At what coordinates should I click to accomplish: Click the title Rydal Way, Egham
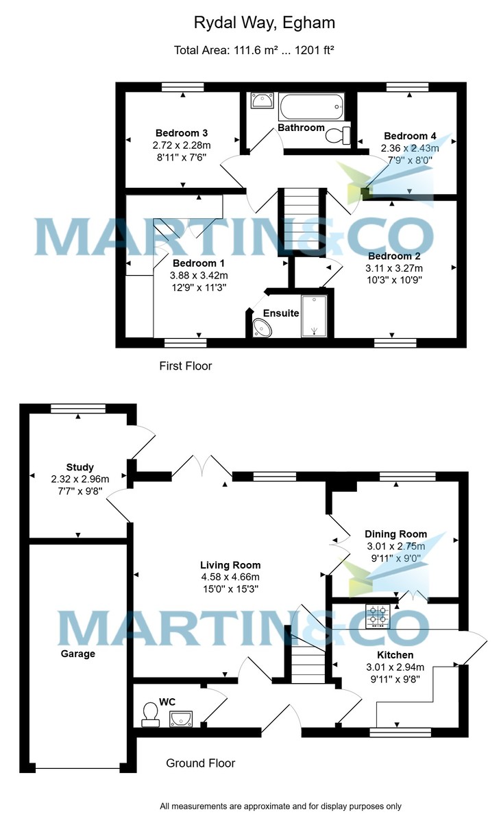[x=264, y=23]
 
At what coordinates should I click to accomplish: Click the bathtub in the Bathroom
[x=310, y=107]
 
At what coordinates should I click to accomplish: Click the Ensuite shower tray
[x=315, y=316]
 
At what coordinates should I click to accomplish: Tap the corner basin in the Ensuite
[x=261, y=329]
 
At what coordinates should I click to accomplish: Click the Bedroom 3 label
[x=181, y=133]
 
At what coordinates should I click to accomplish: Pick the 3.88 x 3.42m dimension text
[x=198, y=276]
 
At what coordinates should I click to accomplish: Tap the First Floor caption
[x=185, y=366]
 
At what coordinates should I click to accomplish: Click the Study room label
[x=80, y=468]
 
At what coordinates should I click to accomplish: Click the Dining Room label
[x=395, y=534]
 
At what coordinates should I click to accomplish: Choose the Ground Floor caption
[x=201, y=763]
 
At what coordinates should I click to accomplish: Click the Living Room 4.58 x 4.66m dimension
[x=230, y=577]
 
